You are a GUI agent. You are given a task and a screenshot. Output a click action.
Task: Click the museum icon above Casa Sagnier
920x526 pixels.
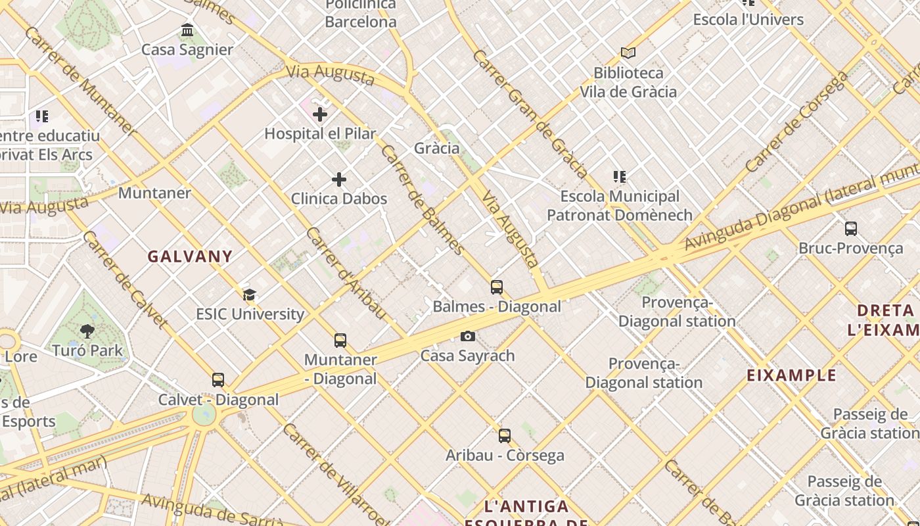(187, 30)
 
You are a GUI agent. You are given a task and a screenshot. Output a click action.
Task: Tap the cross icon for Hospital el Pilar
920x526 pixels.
(320, 114)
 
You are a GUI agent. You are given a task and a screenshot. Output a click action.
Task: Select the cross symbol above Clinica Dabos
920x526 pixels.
(339, 179)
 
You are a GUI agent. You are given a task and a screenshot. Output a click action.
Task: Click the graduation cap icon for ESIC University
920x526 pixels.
(249, 295)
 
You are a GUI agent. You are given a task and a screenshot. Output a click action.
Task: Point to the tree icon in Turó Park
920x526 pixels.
(87, 331)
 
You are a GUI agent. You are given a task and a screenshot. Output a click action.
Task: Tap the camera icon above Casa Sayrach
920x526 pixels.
(467, 337)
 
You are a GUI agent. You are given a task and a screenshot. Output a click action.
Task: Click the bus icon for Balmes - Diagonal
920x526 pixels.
(497, 287)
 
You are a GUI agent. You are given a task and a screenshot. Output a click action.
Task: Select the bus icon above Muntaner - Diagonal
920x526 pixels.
(340, 341)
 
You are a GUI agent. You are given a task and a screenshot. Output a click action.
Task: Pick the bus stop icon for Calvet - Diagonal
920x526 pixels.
(218, 380)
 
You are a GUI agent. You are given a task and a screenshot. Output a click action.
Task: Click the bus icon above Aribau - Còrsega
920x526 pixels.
(505, 436)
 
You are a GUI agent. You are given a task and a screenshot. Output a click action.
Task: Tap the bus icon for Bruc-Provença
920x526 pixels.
(851, 229)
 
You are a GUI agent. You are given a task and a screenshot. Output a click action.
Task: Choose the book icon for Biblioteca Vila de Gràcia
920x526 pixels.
(628, 53)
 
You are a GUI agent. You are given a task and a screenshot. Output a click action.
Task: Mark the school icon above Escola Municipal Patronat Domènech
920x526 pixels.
(620, 177)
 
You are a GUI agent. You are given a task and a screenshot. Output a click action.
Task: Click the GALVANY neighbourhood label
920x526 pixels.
(190, 256)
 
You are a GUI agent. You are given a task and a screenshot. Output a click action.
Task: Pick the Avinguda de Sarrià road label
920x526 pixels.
(214, 512)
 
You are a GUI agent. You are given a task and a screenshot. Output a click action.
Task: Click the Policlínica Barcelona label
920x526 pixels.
(361, 13)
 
